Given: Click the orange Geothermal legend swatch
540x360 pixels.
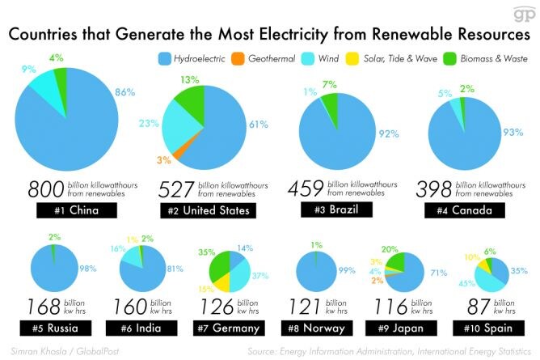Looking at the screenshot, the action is (x=238, y=59).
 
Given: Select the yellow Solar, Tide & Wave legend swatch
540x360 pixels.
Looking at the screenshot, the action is (x=352, y=59).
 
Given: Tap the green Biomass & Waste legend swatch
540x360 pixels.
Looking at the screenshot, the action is (x=449, y=59).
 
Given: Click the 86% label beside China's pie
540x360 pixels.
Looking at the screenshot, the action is (x=124, y=92).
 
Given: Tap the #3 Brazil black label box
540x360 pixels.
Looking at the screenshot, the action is (x=336, y=210).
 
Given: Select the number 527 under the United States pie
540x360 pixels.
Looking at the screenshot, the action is (x=176, y=189).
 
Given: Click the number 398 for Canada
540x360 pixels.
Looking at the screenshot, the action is (x=434, y=189).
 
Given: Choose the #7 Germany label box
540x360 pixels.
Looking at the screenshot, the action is (x=229, y=328).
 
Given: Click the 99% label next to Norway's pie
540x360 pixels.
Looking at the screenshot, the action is (x=347, y=270).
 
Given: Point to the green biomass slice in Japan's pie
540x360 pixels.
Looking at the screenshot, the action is (x=397, y=263).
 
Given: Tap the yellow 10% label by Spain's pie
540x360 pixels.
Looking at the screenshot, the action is (x=472, y=257).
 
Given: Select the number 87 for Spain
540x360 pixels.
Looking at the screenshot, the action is (x=478, y=307).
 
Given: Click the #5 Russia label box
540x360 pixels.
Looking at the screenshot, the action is (x=56, y=328).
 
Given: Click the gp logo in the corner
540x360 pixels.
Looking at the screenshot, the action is (x=525, y=15).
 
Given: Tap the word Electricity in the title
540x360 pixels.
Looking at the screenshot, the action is (x=293, y=35).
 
